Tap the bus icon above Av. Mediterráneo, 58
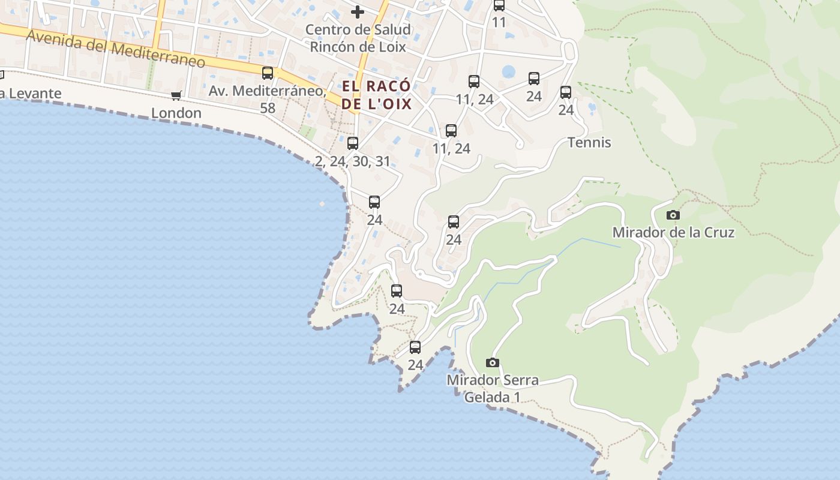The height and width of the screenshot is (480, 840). (x=268, y=73)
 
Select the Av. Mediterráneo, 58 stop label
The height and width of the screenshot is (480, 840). (x=268, y=99)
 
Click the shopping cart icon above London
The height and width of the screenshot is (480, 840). (x=176, y=95)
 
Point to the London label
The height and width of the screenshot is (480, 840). (x=176, y=113)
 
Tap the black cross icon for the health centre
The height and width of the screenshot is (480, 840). (x=358, y=12)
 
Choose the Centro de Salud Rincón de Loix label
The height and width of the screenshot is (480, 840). (x=358, y=38)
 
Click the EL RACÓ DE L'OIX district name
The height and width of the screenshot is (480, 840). (x=377, y=95)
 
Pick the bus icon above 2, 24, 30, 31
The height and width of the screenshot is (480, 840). (x=353, y=143)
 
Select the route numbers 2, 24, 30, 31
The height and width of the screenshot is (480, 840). (x=353, y=161)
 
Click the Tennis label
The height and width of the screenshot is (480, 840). (x=589, y=142)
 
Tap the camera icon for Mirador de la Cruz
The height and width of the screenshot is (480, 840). (x=673, y=215)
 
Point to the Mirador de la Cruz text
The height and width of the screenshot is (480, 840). (x=673, y=232)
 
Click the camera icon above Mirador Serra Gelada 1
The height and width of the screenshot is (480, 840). (x=493, y=362)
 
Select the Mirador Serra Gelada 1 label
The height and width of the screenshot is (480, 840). (x=493, y=388)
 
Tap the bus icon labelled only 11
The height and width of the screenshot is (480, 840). (x=499, y=5)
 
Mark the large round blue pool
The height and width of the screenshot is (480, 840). (x=508, y=72)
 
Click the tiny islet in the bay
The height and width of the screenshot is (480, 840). (x=322, y=204)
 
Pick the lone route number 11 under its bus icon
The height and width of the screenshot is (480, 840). (x=499, y=23)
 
